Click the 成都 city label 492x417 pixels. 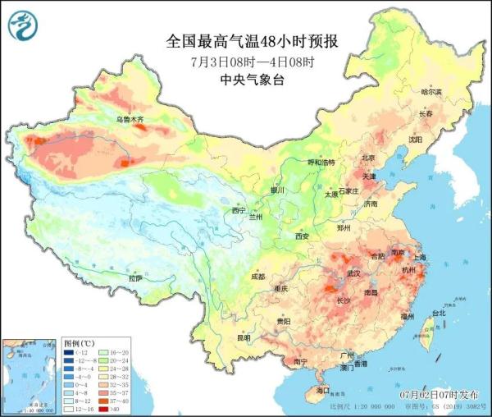257,276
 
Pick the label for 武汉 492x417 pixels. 353,272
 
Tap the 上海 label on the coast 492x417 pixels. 421,257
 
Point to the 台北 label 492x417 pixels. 439,313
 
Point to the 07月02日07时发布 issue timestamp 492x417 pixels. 440,396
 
